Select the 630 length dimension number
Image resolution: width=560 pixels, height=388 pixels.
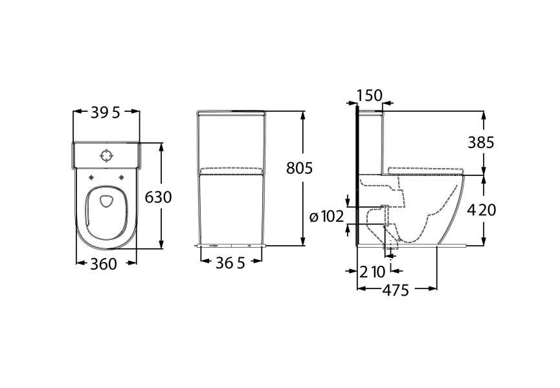(158, 197)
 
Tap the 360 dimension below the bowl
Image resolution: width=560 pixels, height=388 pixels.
(104, 264)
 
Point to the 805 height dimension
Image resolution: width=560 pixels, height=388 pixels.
(300, 168)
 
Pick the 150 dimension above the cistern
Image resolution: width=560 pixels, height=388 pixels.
(369, 96)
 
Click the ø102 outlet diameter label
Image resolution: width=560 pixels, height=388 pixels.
(326, 217)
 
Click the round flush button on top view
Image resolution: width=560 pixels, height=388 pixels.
(106, 156)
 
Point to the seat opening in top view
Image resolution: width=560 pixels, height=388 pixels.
(105, 200)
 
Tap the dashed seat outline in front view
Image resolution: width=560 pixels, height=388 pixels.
(232, 171)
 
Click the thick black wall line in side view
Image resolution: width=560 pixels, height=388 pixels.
(356, 175)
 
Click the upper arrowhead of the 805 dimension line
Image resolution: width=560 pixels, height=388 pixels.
(302, 114)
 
